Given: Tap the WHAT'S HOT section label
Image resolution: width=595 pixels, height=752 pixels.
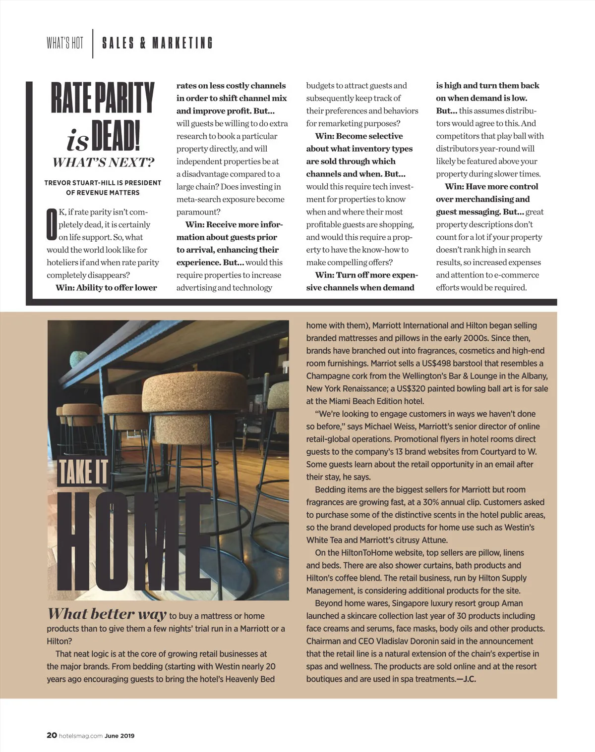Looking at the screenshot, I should point(65,43).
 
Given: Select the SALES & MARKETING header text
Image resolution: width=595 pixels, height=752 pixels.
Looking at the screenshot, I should point(157,43).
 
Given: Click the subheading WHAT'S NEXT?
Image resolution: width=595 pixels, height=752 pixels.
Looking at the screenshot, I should point(103,162).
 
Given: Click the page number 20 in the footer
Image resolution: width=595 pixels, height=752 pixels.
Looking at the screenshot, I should point(52,736).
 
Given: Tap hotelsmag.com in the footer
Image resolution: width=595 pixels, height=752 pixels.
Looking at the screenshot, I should point(80,736).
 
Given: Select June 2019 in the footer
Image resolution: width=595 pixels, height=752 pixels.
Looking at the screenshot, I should point(119,736).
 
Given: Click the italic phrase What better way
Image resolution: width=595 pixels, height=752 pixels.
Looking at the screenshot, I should point(107,614).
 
